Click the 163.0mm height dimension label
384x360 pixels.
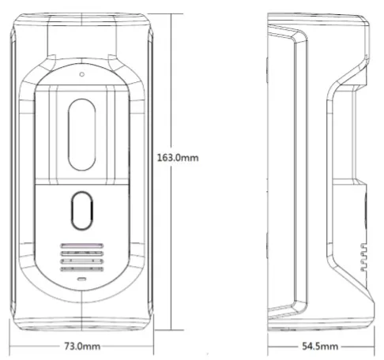(x=178, y=158)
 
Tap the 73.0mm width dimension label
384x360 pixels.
(x=82, y=346)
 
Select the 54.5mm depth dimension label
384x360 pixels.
(x=320, y=346)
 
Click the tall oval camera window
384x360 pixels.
(x=81, y=135)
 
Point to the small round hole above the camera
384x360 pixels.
(x=82, y=74)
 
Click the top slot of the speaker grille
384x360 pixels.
(x=82, y=246)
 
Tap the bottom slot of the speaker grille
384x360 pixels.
(x=82, y=269)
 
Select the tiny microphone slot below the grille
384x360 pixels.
(x=82, y=279)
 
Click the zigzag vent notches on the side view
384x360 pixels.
(x=363, y=257)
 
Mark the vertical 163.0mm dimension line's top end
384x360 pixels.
(x=171, y=13)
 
